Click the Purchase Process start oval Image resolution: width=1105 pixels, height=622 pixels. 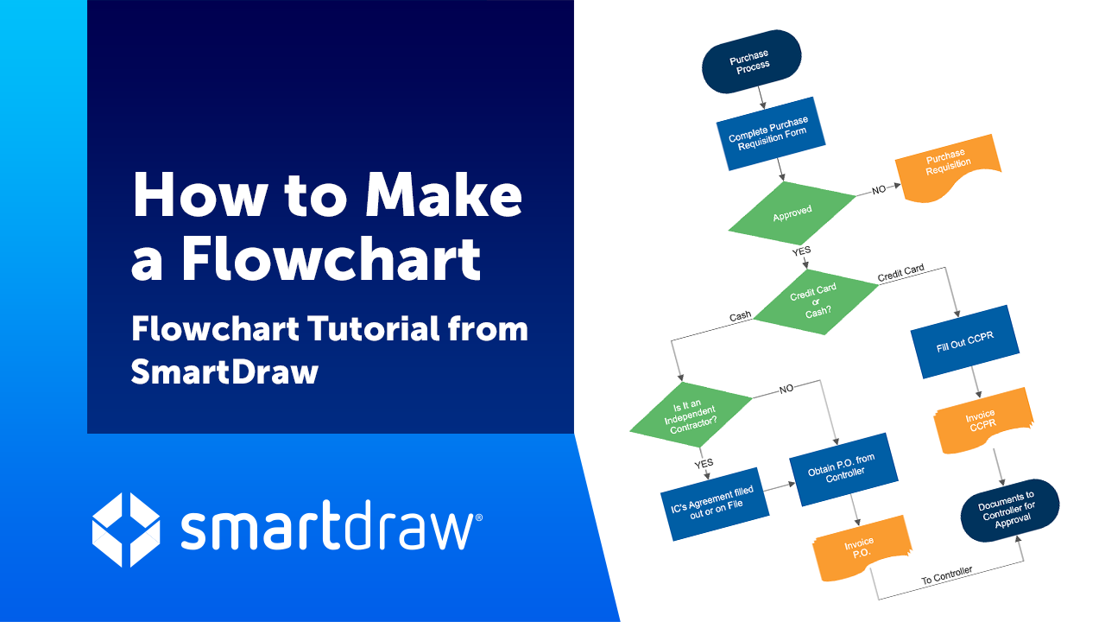coord(751,61)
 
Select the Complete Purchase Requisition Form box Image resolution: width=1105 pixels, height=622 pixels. coord(771,134)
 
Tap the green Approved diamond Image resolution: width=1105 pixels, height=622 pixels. coord(792,213)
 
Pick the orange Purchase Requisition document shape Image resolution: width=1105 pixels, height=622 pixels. coord(948,168)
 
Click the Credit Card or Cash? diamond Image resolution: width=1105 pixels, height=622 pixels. coord(816,301)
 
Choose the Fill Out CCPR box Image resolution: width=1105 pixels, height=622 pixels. coord(965,341)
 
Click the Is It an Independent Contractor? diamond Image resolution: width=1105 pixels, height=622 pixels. coord(691,415)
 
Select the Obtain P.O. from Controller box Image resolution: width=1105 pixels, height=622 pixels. coord(843,469)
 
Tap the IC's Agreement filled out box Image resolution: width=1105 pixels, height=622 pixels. coord(714,504)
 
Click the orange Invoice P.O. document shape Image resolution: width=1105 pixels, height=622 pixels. coord(862,548)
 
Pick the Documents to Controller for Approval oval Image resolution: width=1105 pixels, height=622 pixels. coord(1010,511)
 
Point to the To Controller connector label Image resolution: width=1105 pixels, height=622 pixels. coord(947,575)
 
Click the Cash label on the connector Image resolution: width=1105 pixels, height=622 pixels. coord(740,316)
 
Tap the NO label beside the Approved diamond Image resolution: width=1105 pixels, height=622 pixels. coord(879,189)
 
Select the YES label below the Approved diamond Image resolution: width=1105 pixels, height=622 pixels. coord(802,251)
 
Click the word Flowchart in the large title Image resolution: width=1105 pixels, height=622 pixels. coord(331,258)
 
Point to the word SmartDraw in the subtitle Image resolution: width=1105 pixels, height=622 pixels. coord(225,372)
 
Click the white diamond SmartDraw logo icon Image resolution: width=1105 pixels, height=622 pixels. coord(126,530)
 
